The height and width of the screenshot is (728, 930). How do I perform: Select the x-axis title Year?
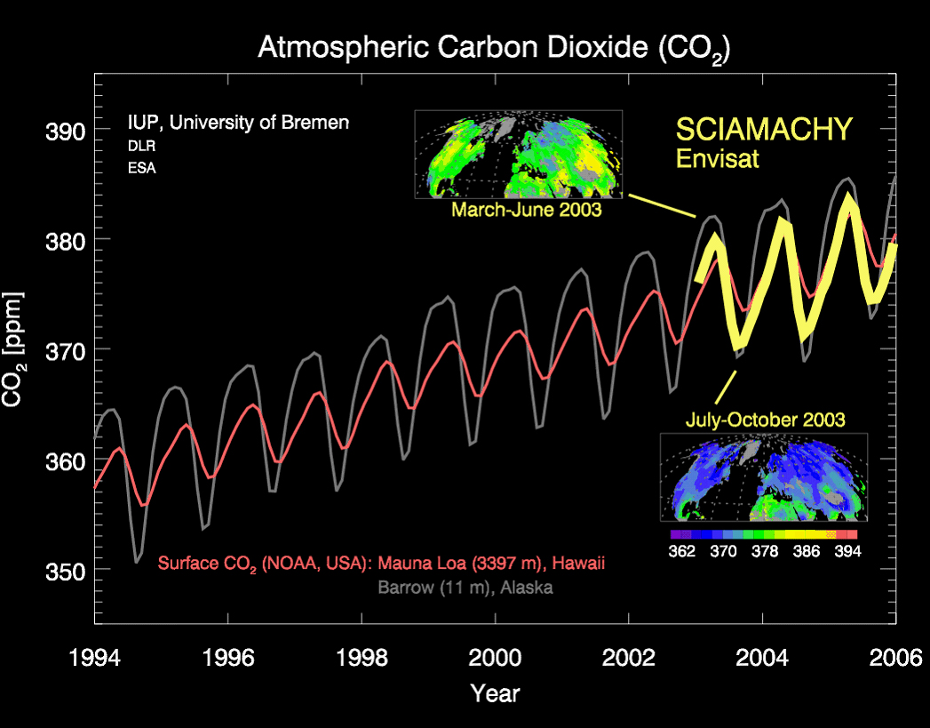[495, 692]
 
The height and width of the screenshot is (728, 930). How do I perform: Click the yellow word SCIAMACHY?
[764, 130]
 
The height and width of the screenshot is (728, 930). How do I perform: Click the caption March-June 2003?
[526, 211]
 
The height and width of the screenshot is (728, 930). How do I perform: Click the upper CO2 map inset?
[519, 154]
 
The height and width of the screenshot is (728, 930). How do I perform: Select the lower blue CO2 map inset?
[763, 477]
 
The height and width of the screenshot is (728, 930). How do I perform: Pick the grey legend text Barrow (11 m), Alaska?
[465, 588]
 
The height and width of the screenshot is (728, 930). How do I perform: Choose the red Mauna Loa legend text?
[382, 564]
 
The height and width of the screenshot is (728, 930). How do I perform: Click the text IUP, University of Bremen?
[239, 123]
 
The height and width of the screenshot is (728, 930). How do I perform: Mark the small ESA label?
[142, 168]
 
